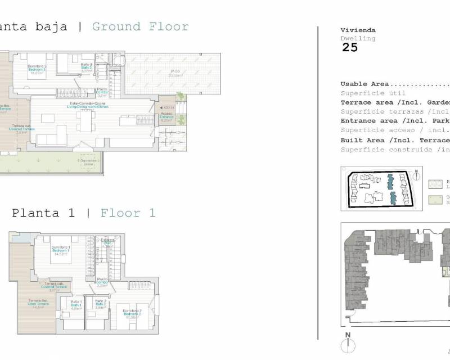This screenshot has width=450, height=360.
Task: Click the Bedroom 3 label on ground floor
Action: tap(38, 69)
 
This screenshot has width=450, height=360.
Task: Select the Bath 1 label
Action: tap(76, 305)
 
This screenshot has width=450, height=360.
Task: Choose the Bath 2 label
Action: tap(101, 305)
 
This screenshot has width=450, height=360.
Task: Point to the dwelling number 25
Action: tap(349, 48)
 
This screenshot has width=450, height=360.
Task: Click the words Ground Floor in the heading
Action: tap(140, 26)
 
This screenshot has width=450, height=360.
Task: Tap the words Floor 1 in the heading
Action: tap(128, 213)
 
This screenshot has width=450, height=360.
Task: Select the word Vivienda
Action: tap(358, 30)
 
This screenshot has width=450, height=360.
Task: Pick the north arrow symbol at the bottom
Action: tap(348, 343)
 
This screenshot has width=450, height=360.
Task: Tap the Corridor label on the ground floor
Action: tap(102, 93)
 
